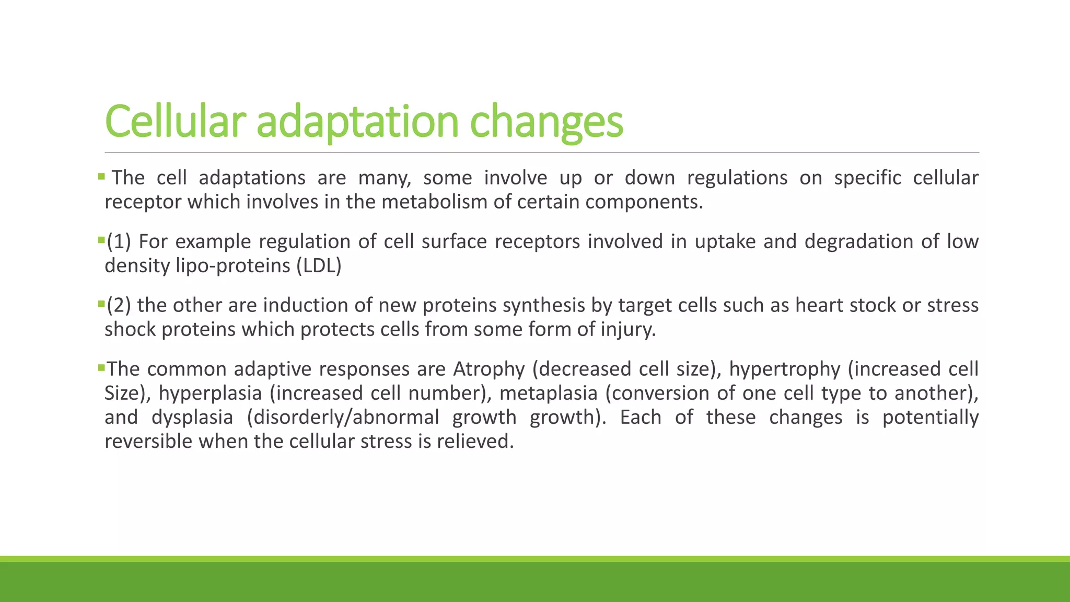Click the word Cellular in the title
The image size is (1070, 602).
coord(175,121)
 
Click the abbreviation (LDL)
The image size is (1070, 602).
coord(319,265)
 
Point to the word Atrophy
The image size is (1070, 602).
coord(489,369)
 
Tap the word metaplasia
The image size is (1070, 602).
coord(548,393)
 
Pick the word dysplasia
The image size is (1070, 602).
coord(192,417)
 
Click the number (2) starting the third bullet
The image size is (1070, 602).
coord(119,305)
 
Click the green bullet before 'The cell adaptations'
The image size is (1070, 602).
coord(101,177)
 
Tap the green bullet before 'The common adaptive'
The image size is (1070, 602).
coord(101,368)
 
